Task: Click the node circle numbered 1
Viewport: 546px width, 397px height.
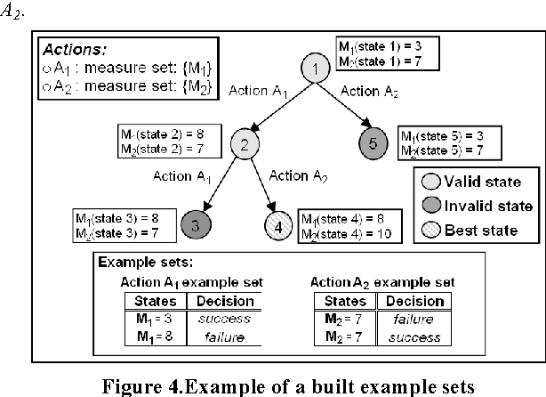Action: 315,68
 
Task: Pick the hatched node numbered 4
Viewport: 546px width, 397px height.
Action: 277,225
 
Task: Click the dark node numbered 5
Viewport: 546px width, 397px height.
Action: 373,142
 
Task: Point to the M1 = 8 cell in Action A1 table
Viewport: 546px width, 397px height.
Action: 156,336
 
